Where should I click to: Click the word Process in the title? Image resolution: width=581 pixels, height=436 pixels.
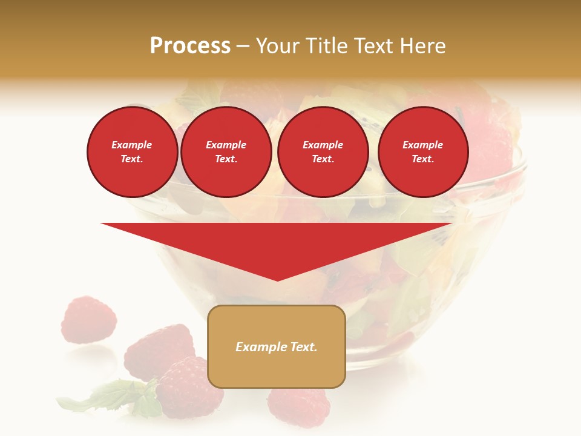(190, 46)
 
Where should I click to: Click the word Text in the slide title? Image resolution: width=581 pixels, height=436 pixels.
(374, 46)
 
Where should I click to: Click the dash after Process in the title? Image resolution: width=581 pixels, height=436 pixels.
(243, 47)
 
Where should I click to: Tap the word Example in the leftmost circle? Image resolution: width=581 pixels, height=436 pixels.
(132, 145)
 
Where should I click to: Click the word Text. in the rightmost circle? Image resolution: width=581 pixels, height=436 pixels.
(422, 159)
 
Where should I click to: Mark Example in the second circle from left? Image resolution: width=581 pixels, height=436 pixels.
(226, 145)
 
